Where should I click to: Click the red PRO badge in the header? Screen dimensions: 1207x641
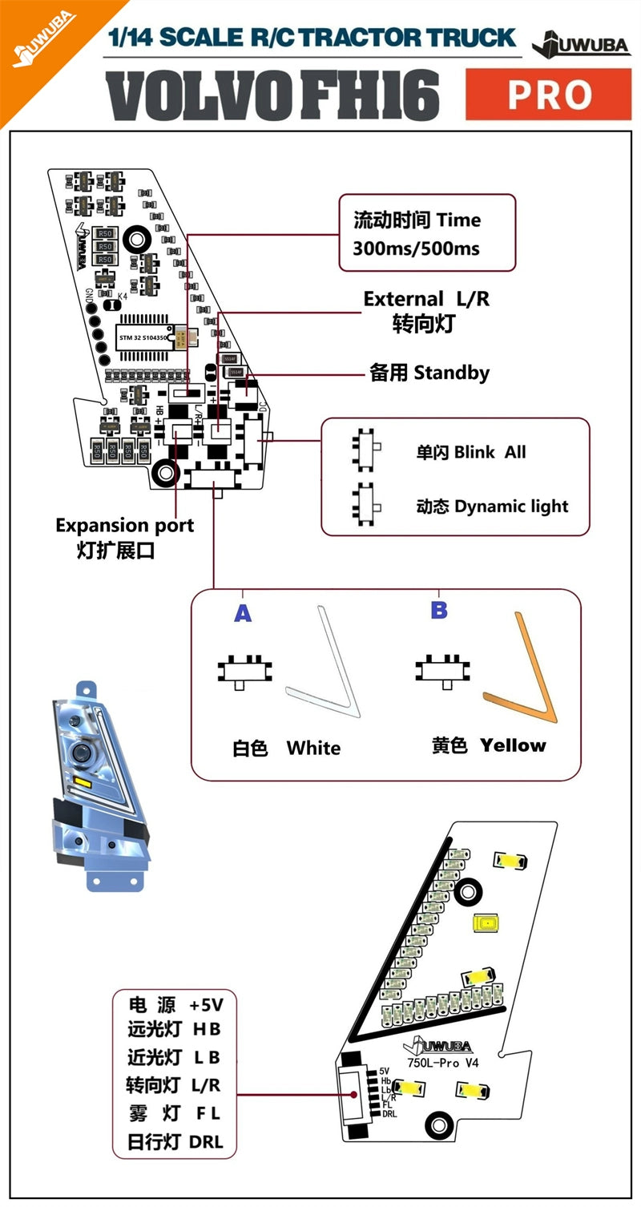(x=548, y=95)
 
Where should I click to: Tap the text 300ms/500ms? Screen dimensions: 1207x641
(x=416, y=248)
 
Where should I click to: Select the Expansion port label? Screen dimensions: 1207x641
(x=124, y=526)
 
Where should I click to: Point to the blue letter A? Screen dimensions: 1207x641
(x=243, y=614)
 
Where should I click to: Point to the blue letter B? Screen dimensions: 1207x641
(x=439, y=610)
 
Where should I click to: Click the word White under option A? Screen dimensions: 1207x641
(x=313, y=749)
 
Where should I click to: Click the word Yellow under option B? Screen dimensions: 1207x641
(x=513, y=745)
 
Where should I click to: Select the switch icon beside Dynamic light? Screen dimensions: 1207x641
(x=366, y=505)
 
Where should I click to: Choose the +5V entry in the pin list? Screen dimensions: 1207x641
(x=206, y=1005)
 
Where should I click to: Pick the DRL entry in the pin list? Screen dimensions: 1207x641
(x=206, y=1142)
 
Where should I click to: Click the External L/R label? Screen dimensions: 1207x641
(x=425, y=300)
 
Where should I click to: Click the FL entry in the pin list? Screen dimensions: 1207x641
(x=208, y=1113)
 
